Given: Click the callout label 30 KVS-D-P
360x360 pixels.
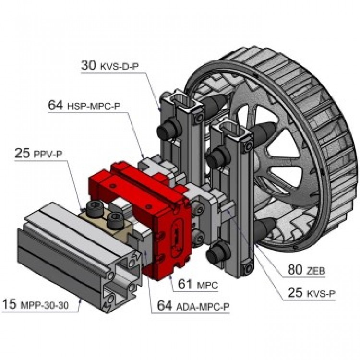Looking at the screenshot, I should coord(110,66).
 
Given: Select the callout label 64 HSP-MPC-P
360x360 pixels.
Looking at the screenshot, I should coord(84,105).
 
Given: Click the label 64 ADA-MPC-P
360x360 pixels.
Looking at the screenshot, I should coord(190,305).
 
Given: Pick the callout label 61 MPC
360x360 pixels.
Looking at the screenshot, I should coord(198,285).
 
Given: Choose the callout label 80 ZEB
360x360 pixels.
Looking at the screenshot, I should coord(306,270).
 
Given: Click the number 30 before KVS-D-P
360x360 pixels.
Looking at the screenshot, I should coord(89,66).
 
